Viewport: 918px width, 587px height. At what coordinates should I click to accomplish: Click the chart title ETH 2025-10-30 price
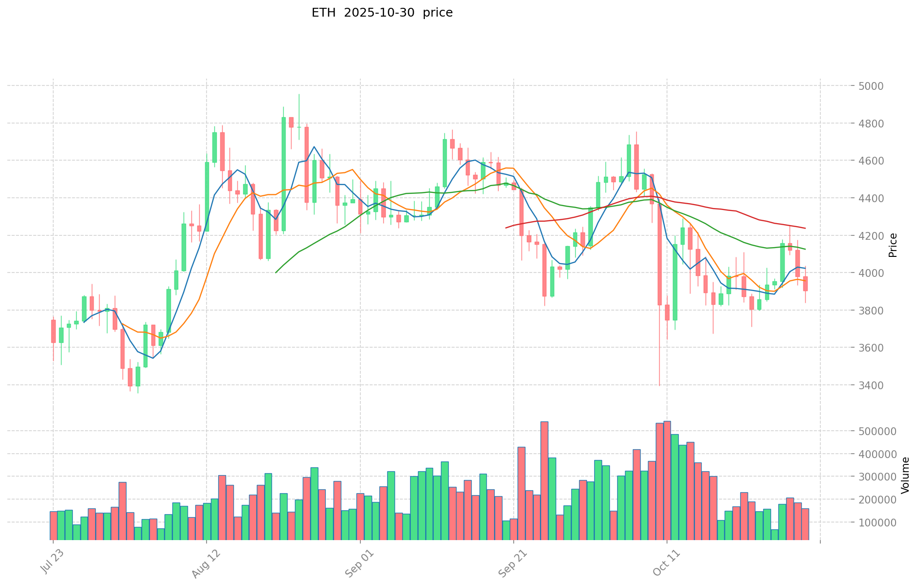pyautogui.click(x=382, y=13)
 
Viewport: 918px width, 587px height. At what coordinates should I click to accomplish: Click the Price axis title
pyautogui.click(x=893, y=245)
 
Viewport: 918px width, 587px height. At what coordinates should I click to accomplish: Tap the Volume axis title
pyautogui.click(x=905, y=475)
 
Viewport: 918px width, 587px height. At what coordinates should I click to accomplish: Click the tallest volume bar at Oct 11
pyautogui.click(x=667, y=480)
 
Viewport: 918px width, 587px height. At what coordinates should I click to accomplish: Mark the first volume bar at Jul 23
pyautogui.click(x=53, y=525)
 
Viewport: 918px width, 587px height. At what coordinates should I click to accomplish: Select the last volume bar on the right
pyautogui.click(x=805, y=524)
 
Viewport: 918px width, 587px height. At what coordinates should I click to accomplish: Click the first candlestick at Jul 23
pyautogui.click(x=53, y=331)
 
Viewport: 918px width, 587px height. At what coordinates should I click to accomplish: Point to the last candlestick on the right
pyautogui.click(x=805, y=284)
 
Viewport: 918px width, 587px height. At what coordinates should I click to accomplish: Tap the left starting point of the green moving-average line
pyautogui.click(x=276, y=273)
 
